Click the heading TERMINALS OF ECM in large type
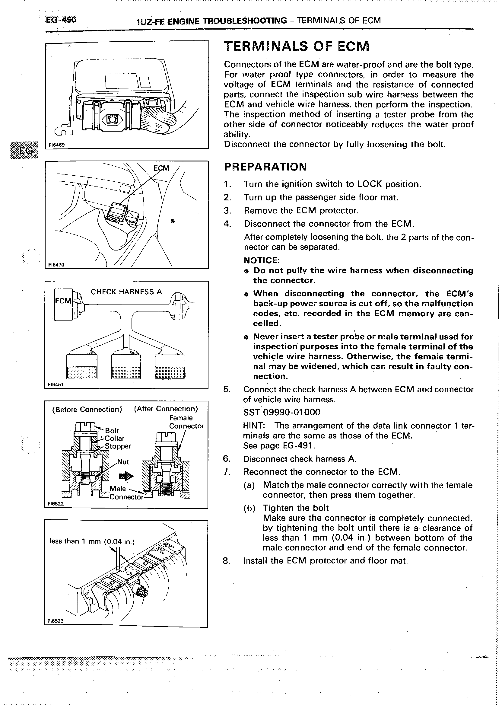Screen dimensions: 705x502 point(297,47)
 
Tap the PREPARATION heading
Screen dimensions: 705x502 point(265,167)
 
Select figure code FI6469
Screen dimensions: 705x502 point(57,144)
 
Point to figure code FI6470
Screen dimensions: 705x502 point(56,265)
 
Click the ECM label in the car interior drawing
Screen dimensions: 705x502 point(161,168)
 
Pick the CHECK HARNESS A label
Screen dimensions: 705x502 point(126,292)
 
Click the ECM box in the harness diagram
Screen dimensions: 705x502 point(63,301)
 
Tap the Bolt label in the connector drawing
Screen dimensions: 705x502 point(112,430)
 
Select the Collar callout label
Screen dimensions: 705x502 point(114,438)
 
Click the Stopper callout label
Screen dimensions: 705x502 point(118,446)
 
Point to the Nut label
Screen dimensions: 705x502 point(123,462)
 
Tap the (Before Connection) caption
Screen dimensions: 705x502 point(87,410)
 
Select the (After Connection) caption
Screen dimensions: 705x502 point(166,409)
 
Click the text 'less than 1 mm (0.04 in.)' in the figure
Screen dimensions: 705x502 point(92,541)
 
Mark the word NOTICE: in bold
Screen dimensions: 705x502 point(262,260)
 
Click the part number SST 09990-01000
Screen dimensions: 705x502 point(282,412)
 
